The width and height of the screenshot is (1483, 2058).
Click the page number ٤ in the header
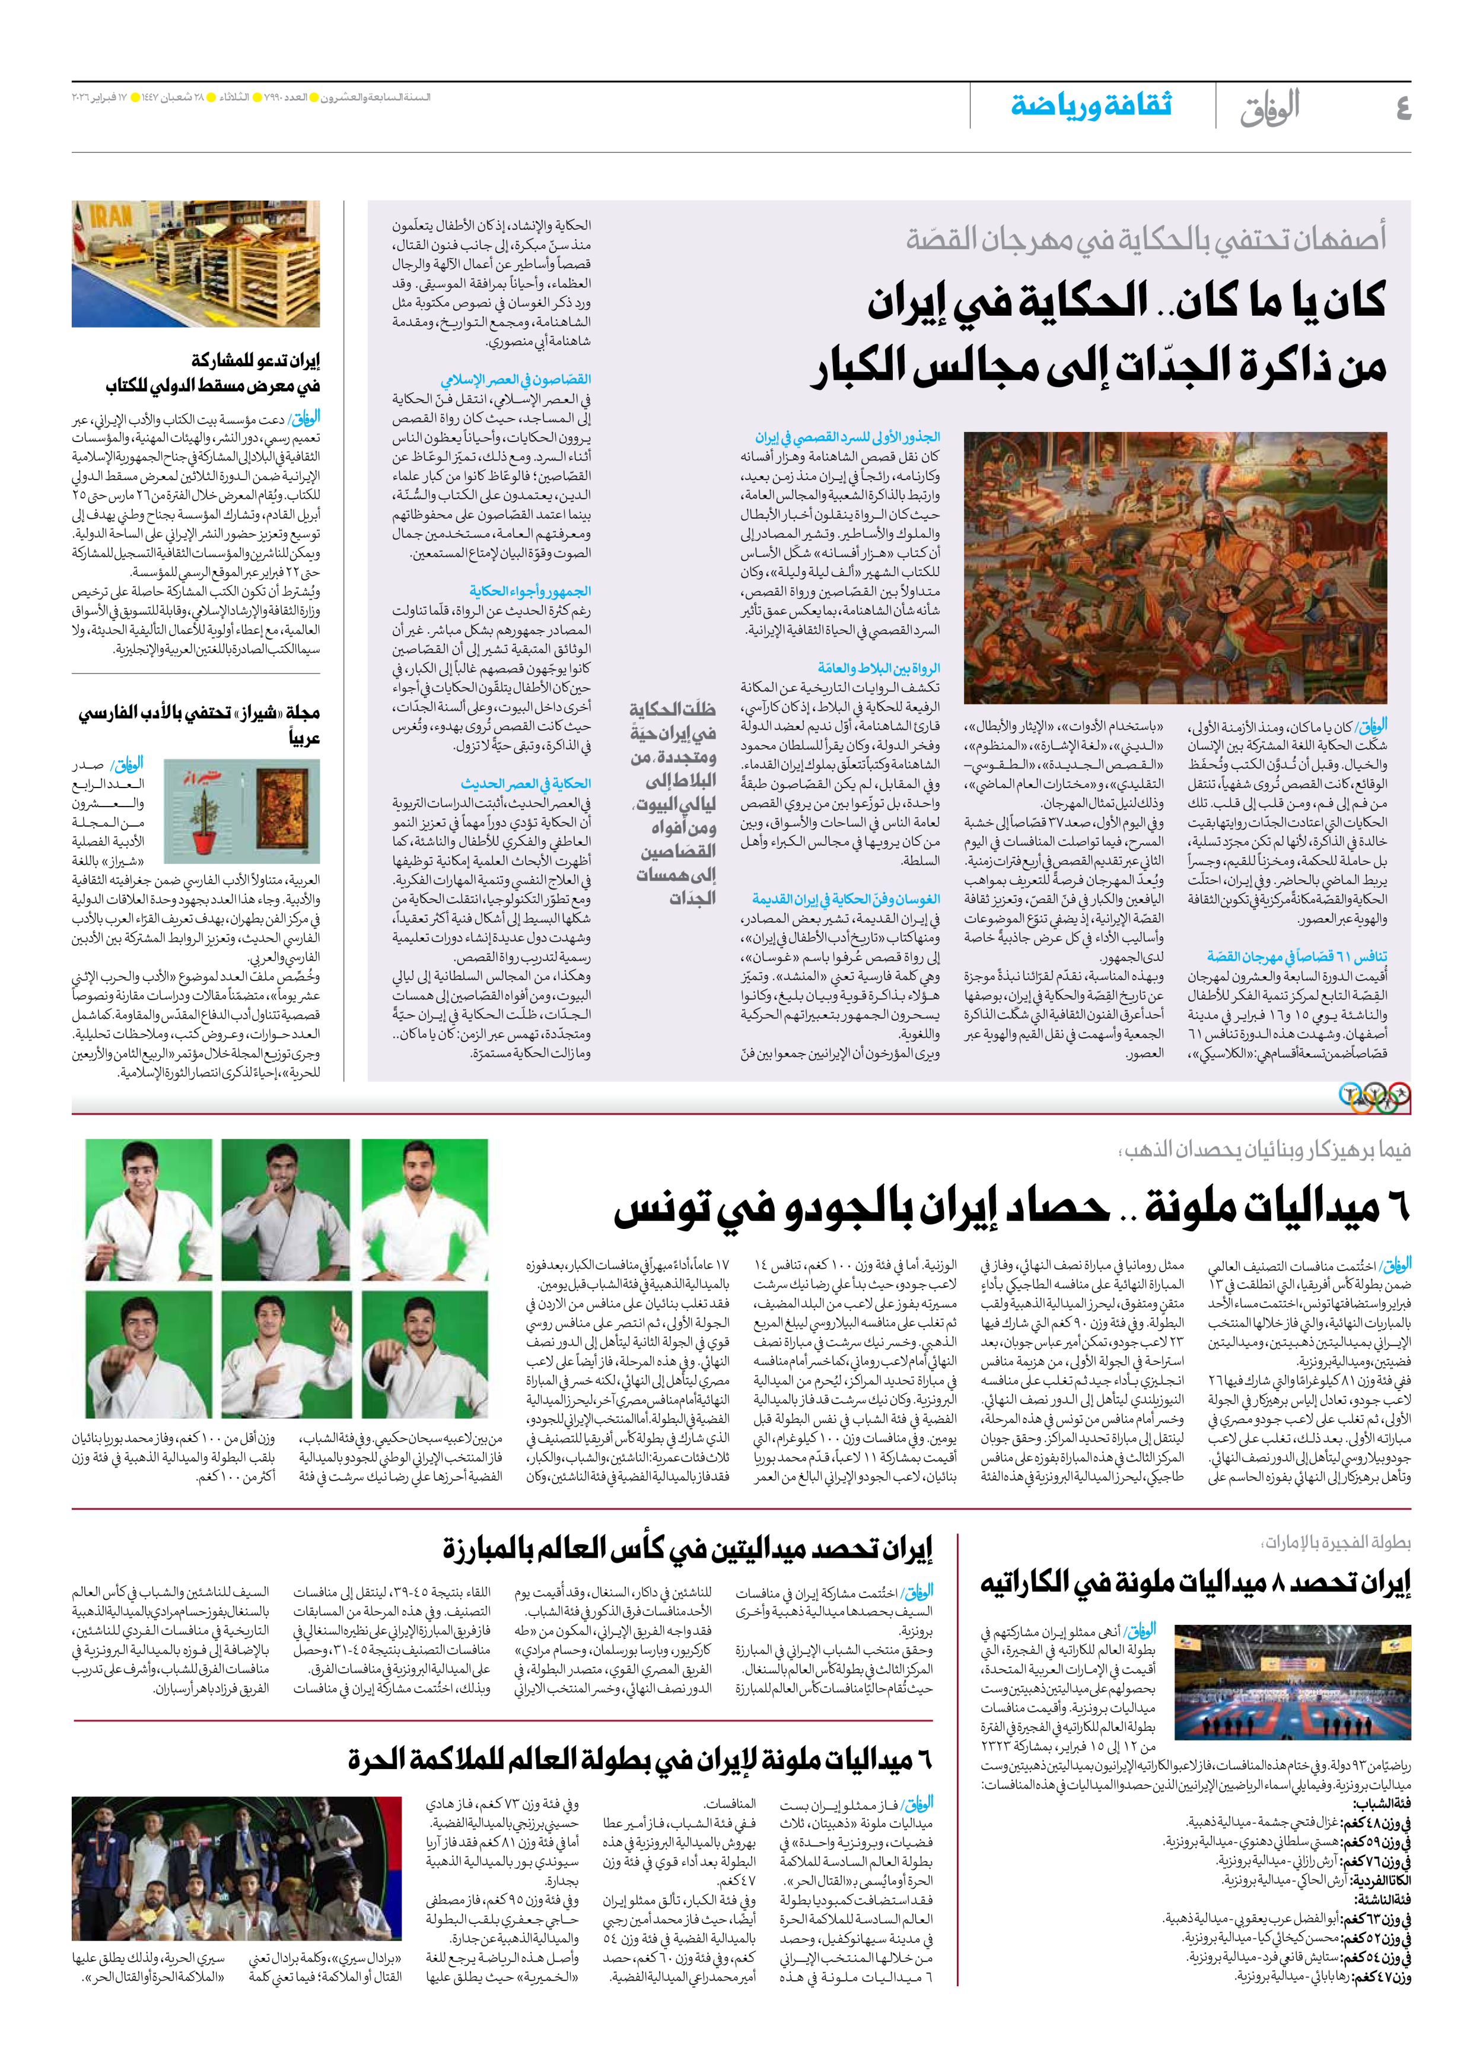click(1402, 108)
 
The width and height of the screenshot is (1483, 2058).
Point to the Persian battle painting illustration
click(1175, 567)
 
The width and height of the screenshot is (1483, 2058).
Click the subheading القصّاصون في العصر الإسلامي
click(515, 379)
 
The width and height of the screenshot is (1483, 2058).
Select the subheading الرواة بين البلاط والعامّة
click(878, 667)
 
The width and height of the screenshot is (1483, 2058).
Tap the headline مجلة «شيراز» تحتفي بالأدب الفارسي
click(199, 712)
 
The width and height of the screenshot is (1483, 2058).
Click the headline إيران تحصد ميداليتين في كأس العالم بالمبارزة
click(686, 1549)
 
